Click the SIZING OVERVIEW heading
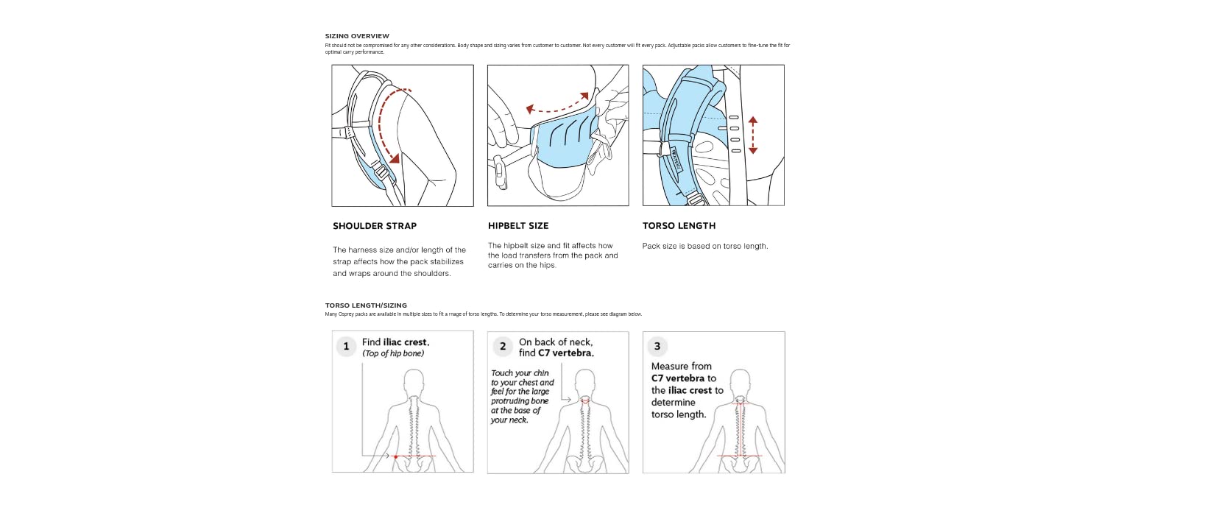point(357,36)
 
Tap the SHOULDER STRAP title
point(375,226)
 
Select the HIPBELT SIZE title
point(518,226)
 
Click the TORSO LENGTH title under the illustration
point(679,226)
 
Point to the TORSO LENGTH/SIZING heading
point(366,305)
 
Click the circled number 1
point(346,346)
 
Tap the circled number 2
point(503,346)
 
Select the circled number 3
point(657,346)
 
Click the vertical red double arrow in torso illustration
point(752,135)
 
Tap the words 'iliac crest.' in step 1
point(406,342)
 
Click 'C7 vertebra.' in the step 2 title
point(566,353)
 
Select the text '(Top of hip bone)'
point(392,353)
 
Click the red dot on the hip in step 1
point(396,457)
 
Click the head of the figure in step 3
point(741,382)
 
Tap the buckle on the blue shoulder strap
point(382,172)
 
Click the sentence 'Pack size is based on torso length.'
point(704,246)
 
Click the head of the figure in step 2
point(584,382)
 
